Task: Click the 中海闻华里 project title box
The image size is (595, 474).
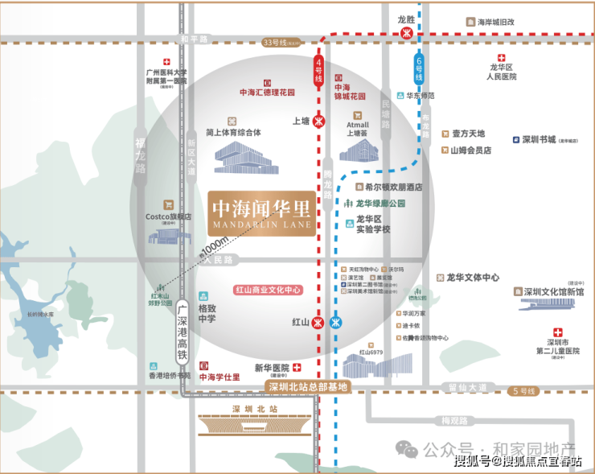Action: (x=262, y=212)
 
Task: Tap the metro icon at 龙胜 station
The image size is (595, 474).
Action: (x=407, y=34)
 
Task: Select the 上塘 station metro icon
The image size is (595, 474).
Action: (x=320, y=122)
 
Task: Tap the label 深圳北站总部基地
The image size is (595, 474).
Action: (x=308, y=387)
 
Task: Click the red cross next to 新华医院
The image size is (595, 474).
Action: (x=297, y=366)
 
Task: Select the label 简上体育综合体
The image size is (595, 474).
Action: (x=233, y=133)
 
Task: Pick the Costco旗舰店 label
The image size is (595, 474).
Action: (x=168, y=216)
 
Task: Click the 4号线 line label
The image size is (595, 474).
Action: (x=318, y=70)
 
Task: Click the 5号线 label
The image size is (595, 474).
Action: (x=523, y=391)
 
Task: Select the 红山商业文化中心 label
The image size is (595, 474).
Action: (x=269, y=289)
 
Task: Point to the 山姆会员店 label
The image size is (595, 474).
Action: (x=470, y=150)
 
